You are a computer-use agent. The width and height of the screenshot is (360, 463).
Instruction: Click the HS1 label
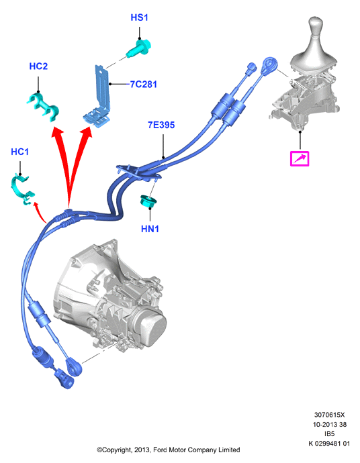[139, 17]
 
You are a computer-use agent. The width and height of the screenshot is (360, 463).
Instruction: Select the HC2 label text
[38, 66]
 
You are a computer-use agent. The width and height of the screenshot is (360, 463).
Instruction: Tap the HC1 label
[19, 152]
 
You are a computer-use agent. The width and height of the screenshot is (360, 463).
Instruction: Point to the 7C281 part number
[144, 85]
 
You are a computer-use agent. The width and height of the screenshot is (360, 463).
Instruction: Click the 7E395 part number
[161, 125]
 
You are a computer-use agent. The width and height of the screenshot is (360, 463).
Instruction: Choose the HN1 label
[150, 229]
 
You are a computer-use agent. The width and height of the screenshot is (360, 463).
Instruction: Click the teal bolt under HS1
[138, 48]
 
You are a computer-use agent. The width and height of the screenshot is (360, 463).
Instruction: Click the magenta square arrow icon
[300, 158]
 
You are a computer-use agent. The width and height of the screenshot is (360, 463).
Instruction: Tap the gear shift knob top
[316, 23]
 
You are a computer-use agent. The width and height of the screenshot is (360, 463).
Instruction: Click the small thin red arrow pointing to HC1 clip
[39, 213]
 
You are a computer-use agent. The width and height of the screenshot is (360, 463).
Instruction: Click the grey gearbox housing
[109, 295]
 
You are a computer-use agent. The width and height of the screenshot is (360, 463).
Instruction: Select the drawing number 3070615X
[329, 415]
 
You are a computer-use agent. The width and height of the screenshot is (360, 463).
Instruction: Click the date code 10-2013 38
[330, 424]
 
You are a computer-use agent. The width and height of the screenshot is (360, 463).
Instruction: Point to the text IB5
[329, 433]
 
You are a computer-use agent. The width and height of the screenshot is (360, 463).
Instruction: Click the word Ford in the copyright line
[161, 450]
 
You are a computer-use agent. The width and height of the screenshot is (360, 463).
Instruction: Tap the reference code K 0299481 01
[329, 444]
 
